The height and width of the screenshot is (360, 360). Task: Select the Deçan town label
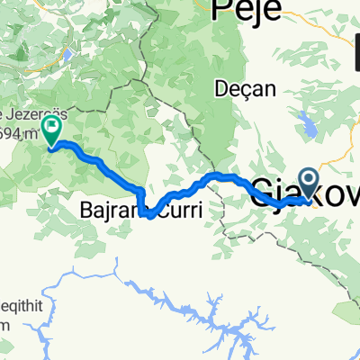(x=239, y=89)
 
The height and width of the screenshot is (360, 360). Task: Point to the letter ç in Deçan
(x=240, y=90)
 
